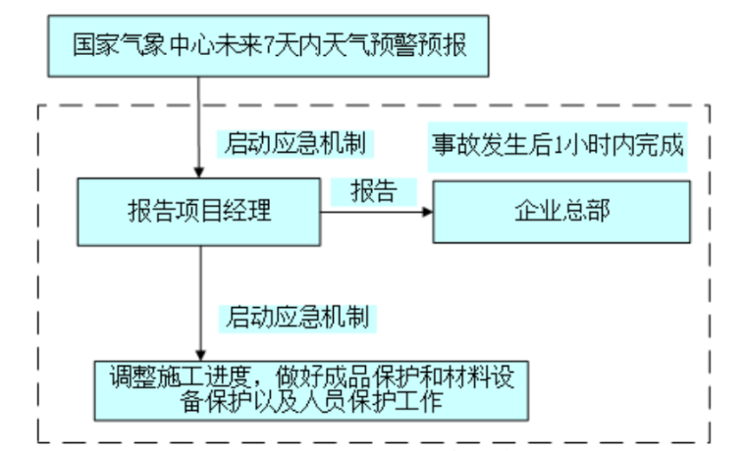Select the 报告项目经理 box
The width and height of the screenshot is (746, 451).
[199, 211]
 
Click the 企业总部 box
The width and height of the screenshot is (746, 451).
[561, 211]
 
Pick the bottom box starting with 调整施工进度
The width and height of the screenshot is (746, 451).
[312, 388]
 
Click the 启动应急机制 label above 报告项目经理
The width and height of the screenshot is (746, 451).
[294, 144]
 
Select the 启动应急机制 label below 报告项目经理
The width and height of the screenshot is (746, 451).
[296, 317]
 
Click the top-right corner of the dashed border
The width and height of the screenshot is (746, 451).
[709, 106]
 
